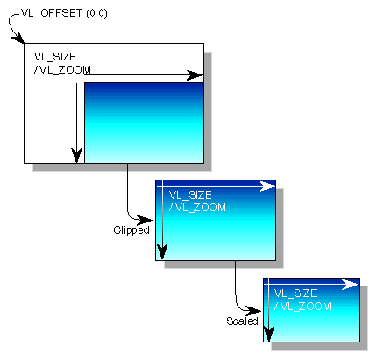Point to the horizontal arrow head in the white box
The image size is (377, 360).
click(x=196, y=76)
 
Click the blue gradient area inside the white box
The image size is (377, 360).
click(x=144, y=123)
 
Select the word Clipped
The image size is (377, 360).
click(x=132, y=230)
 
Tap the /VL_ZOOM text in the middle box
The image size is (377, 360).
click(x=197, y=208)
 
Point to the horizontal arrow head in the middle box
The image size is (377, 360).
click(x=269, y=187)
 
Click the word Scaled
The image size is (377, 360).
click(x=242, y=321)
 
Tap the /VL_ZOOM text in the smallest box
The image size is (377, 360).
click(x=302, y=306)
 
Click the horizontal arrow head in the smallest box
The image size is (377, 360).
click(x=352, y=285)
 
